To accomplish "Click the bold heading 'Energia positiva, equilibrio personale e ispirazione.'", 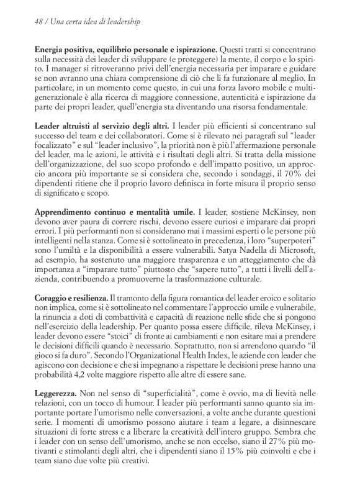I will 125,49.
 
